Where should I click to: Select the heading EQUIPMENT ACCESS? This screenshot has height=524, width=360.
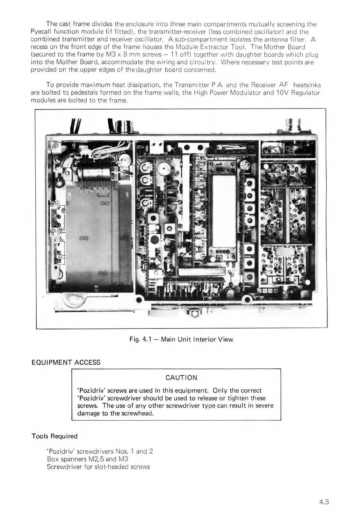[66, 362]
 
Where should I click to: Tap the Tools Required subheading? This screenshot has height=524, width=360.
[54, 436]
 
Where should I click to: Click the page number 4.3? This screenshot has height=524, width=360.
[323, 502]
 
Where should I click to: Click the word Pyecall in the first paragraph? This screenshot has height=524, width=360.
[41, 32]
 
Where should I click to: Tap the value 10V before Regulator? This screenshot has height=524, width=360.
[281, 93]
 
